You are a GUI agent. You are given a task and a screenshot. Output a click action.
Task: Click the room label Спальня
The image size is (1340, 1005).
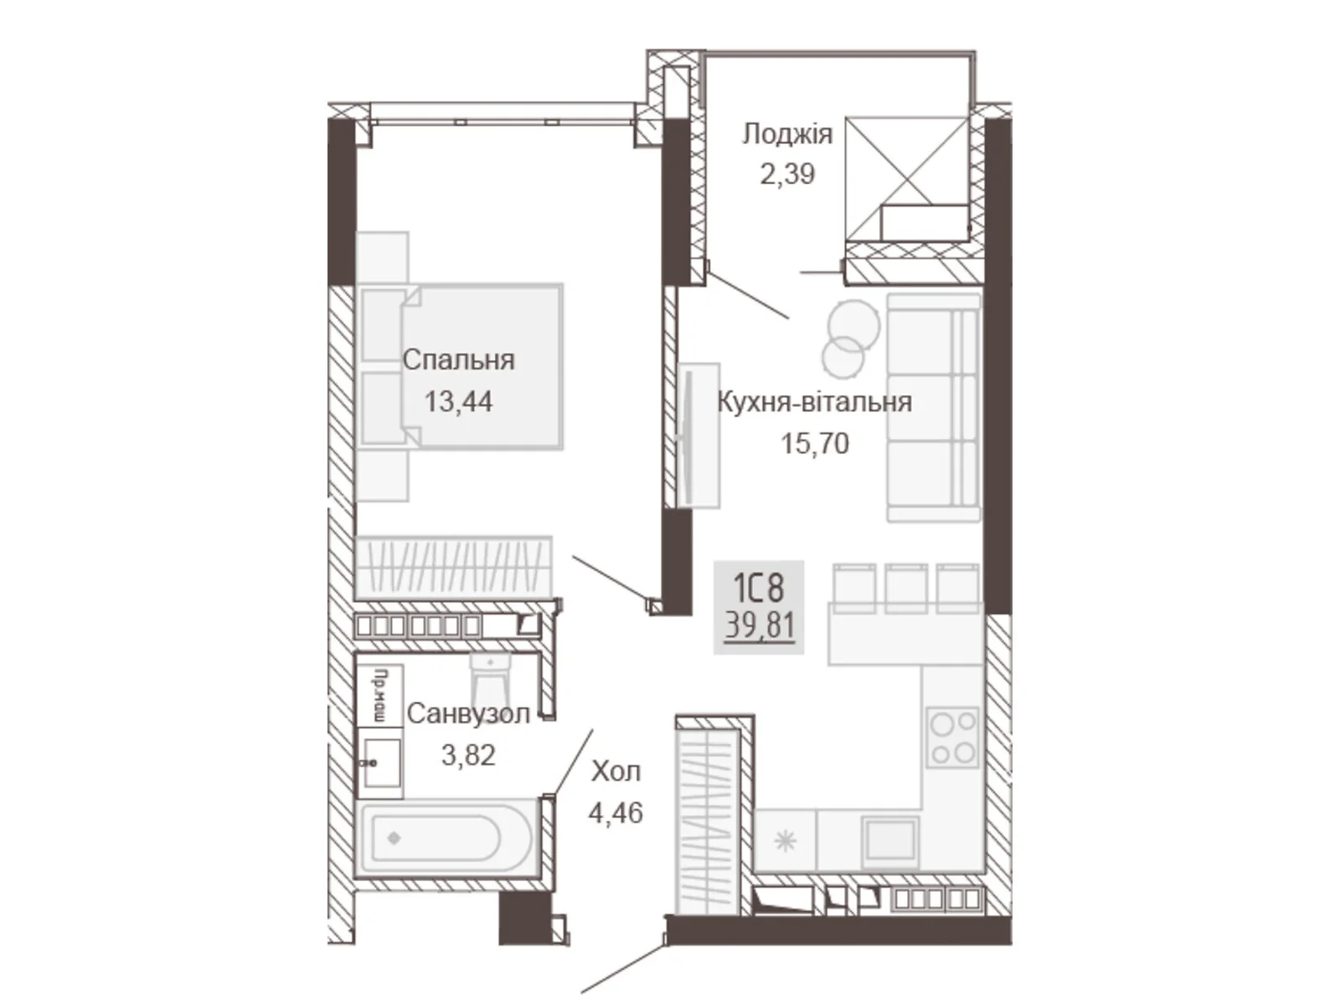click(458, 361)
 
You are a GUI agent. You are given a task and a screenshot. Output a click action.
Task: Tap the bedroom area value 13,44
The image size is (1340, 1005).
click(458, 402)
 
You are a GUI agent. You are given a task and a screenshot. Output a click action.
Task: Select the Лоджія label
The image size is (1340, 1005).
click(787, 134)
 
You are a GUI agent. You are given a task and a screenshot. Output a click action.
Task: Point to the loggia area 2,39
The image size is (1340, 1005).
click(787, 174)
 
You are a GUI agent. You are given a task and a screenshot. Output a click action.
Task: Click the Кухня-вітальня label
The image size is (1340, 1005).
click(814, 402)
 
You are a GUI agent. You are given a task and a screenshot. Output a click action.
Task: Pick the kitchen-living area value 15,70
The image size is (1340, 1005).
click(815, 444)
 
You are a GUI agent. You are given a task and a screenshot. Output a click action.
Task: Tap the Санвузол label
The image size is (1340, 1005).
click(468, 714)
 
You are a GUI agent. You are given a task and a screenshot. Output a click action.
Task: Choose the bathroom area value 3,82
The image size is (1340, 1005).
click(468, 755)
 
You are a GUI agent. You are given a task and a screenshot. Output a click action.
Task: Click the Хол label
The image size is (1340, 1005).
click(616, 772)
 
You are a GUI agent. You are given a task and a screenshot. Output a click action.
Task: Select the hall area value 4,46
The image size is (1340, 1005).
click(616, 812)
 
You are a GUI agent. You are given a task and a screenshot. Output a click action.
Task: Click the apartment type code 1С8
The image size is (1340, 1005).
click(759, 588)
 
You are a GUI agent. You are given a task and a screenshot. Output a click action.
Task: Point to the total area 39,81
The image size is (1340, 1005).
click(760, 626)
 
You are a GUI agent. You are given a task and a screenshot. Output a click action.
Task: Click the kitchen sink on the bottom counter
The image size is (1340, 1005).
click(891, 842)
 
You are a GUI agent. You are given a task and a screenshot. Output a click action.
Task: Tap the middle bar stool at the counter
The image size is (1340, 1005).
click(906, 588)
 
